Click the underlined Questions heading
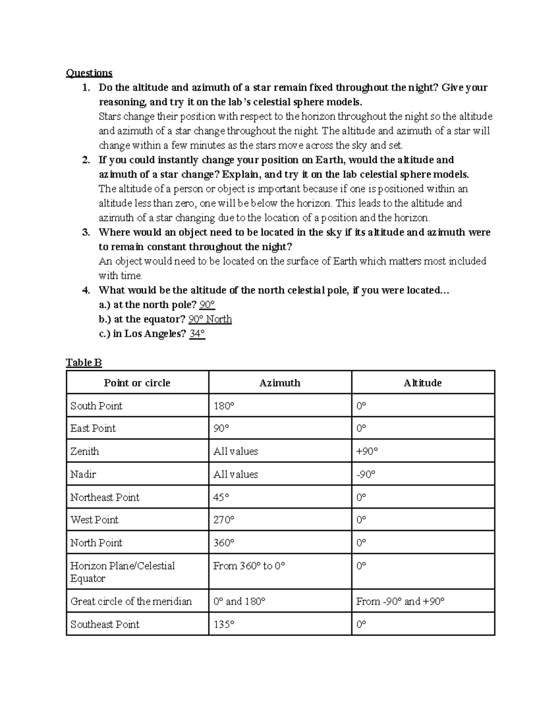point(89,73)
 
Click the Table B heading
point(84,363)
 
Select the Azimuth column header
point(280,383)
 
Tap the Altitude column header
point(423,383)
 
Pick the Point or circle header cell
point(137,383)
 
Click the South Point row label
point(97,406)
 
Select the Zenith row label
point(85,451)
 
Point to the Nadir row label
point(84,475)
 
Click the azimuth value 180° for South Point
point(224,406)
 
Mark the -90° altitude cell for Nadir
point(366,475)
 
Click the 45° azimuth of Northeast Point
point(221,497)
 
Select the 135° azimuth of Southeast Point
point(224,624)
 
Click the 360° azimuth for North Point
point(224,543)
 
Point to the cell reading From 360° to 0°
point(249,566)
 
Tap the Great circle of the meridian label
point(131,601)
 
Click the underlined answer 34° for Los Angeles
point(197,334)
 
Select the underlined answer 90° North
point(210,319)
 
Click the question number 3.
point(85,232)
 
